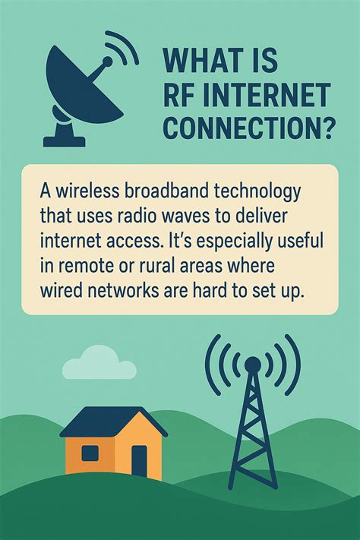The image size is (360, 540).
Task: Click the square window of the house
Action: pyautogui.click(x=90, y=453)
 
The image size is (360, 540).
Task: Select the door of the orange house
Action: pyautogui.click(x=138, y=460)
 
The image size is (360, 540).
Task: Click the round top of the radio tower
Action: pyautogui.click(x=252, y=365)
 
